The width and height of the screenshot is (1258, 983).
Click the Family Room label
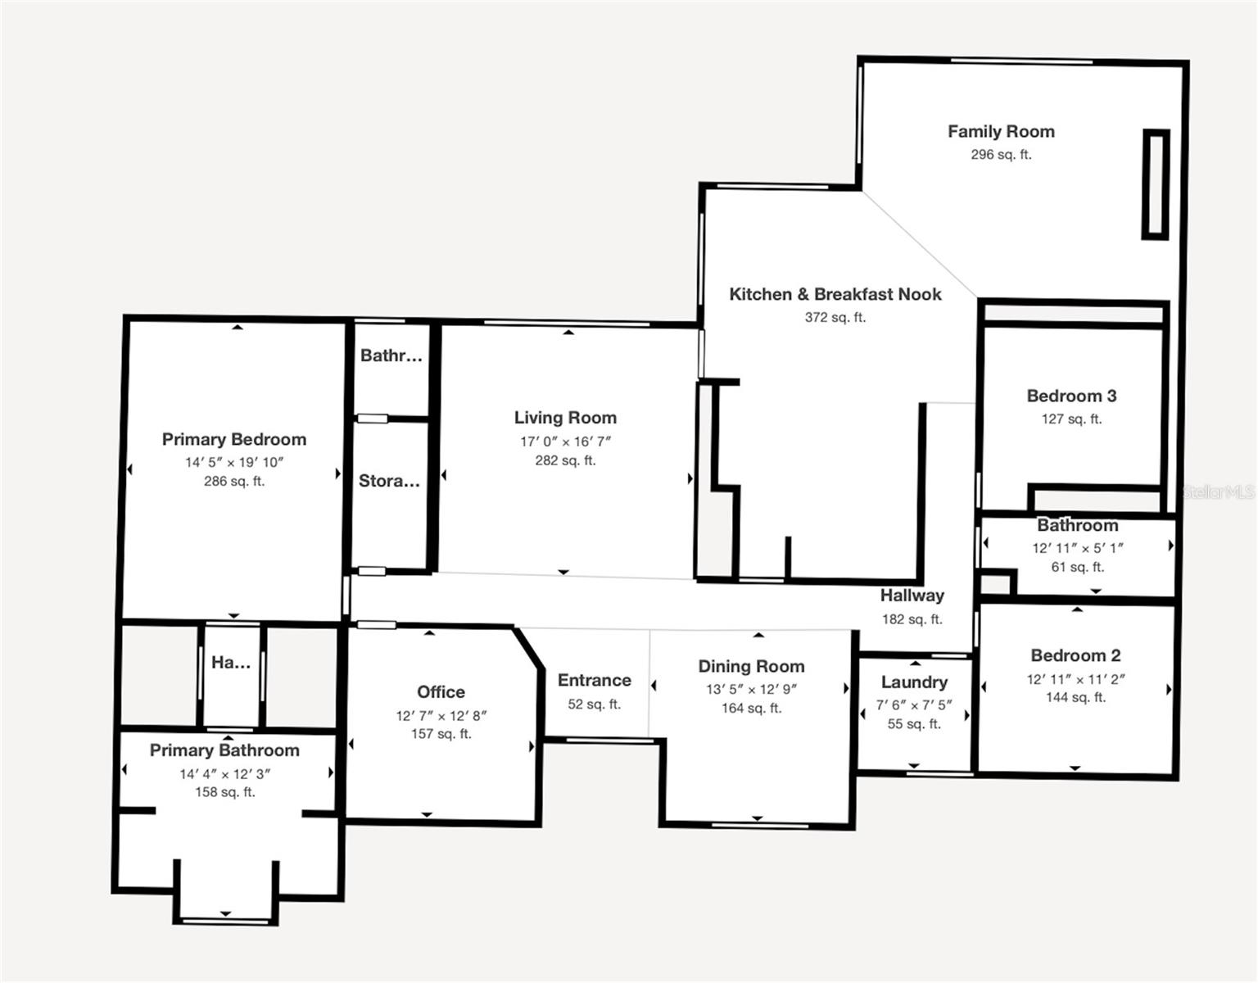1001,132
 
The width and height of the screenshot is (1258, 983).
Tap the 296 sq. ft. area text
1001,155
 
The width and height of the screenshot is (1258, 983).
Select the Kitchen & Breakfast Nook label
835,294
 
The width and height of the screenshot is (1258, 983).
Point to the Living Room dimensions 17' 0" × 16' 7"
565,442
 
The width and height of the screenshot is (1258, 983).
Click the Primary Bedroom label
234,439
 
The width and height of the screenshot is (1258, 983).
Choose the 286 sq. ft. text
234,481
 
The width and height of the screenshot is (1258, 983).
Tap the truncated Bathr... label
391,356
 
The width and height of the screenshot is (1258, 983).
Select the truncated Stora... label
389,481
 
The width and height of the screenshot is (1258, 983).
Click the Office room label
441,692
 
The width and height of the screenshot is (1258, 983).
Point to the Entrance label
594,680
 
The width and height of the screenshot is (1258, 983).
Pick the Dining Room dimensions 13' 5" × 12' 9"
751,690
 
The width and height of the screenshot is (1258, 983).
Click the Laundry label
914,682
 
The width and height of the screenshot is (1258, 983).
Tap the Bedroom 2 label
1075,655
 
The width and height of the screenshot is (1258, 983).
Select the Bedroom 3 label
1071,396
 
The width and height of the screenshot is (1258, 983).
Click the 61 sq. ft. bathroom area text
1076,567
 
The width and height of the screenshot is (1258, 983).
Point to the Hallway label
912,596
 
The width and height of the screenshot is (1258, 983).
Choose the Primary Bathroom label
224,750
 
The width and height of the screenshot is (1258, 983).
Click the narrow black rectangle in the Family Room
1156,184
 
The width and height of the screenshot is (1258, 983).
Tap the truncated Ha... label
230,663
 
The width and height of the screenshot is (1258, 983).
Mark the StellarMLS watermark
1219,492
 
